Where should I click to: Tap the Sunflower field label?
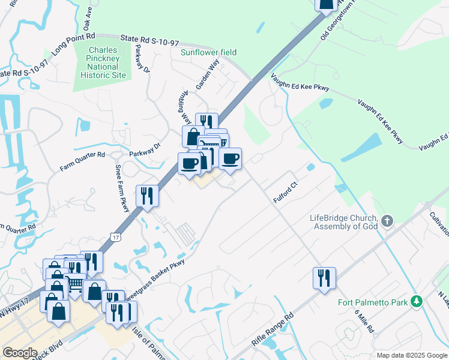click(209, 52)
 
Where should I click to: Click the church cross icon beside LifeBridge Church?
click(387, 221)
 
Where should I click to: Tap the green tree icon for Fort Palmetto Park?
click(415, 302)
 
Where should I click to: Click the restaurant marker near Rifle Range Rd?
click(324, 278)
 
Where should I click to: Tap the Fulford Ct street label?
click(286, 196)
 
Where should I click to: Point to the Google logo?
click(20, 353)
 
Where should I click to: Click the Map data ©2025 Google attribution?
click(411, 355)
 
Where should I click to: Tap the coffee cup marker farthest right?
click(230, 159)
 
